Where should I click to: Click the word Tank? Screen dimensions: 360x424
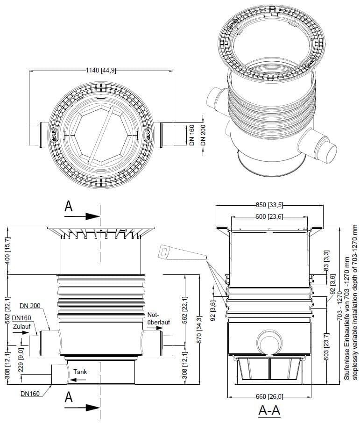(x=80, y=372)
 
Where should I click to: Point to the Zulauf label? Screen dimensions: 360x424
(x=21, y=326)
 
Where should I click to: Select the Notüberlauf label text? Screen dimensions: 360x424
(x=159, y=318)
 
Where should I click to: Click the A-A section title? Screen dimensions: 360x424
(x=269, y=410)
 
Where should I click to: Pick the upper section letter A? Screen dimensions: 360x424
(x=69, y=207)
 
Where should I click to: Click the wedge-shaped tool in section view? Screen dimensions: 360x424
(x=183, y=252)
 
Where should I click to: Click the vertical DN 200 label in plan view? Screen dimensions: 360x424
(x=203, y=135)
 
